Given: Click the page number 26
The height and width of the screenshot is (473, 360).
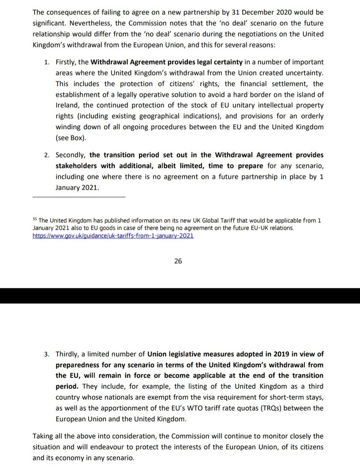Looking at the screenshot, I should coord(178,261).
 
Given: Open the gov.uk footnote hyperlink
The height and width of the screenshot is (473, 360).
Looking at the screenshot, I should coord(113,236).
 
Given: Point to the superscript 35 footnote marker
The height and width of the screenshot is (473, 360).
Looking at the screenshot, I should coord(35,220).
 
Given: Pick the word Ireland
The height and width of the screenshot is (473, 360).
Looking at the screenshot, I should coord(67,106).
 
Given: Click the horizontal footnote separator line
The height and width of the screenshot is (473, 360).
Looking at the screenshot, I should coord(79,196).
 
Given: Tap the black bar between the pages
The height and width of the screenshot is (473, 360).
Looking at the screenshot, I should coord(180,296).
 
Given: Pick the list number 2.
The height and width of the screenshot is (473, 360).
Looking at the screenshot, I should coord(46,155).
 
